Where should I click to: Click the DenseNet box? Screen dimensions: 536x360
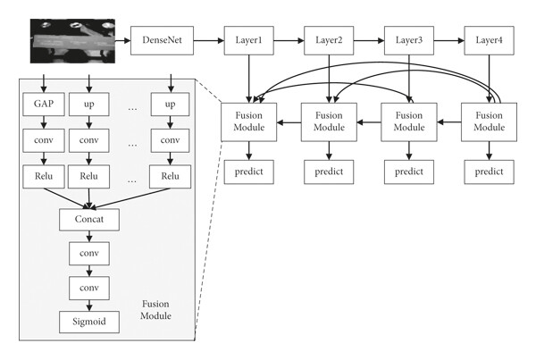162,40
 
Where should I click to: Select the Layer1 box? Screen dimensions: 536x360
249,40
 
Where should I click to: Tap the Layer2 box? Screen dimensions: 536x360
329,40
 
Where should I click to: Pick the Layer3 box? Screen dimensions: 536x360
409,40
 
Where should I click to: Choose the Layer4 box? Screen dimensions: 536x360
490,40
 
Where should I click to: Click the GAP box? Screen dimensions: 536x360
44,104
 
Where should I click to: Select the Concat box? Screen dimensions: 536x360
89,220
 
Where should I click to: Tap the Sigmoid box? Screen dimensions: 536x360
89,322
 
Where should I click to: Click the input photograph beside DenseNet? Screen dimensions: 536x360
72,41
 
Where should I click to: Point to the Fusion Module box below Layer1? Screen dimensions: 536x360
249,122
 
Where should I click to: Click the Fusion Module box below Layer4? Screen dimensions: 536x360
490,122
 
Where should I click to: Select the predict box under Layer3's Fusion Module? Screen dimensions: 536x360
409,172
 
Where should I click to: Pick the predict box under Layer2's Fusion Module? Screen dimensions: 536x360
329,172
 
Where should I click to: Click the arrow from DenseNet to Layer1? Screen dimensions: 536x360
209,41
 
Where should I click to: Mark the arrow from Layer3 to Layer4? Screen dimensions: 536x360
449,41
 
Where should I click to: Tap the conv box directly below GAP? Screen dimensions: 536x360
44,140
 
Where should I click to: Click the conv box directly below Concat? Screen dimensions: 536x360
89,254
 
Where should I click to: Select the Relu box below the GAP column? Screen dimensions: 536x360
44,177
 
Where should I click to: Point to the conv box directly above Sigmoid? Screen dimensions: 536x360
89,289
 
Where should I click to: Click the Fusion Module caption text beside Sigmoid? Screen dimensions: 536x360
155,310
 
